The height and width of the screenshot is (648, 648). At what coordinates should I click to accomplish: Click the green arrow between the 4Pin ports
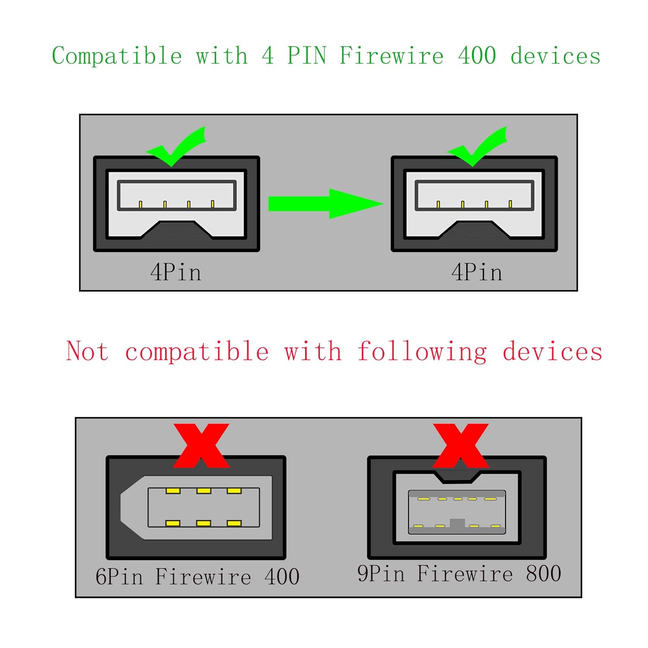tap(324, 203)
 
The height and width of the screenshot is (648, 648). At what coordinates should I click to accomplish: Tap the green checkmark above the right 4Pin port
tap(477, 147)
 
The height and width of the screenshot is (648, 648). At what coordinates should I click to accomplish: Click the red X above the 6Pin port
tap(201, 445)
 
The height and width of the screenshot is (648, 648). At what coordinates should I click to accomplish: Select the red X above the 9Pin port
tap(461, 445)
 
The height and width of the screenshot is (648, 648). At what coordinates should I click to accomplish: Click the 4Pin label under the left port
tap(176, 273)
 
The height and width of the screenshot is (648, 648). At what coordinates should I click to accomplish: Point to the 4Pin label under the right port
tap(477, 273)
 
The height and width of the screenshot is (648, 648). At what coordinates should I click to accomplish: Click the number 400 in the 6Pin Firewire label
tap(282, 577)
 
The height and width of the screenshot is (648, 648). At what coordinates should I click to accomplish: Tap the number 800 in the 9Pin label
tap(543, 574)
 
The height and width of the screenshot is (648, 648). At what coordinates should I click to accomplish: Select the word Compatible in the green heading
tap(117, 56)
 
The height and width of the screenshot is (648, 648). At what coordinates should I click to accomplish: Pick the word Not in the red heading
tap(87, 351)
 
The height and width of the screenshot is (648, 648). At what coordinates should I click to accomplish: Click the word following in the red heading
tap(422, 352)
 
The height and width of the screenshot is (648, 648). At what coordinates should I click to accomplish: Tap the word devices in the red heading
tap(553, 352)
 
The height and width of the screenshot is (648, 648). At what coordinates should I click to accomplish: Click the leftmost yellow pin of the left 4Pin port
tap(140, 204)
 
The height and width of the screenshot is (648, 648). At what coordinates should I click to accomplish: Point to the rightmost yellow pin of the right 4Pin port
tap(510, 204)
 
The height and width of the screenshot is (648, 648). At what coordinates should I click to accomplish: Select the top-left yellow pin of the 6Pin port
tap(173, 491)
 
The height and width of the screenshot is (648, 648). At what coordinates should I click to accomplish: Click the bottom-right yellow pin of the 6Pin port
tap(234, 524)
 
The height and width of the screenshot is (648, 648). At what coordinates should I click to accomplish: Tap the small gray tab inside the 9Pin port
tap(457, 524)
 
